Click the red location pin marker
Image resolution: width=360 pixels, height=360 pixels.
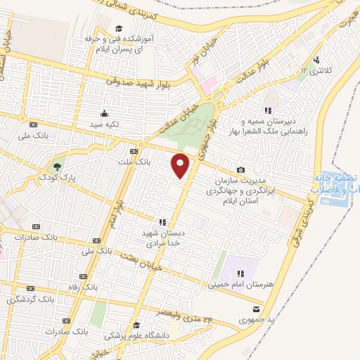point(181,165)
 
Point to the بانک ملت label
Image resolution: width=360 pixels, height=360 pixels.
point(134,162)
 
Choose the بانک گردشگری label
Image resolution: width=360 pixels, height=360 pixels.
point(30,300)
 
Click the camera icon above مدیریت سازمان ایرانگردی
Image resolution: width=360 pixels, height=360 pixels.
point(241,169)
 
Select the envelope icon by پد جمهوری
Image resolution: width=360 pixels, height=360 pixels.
point(256,309)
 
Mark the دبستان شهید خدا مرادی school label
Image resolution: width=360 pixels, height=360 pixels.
point(163,237)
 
